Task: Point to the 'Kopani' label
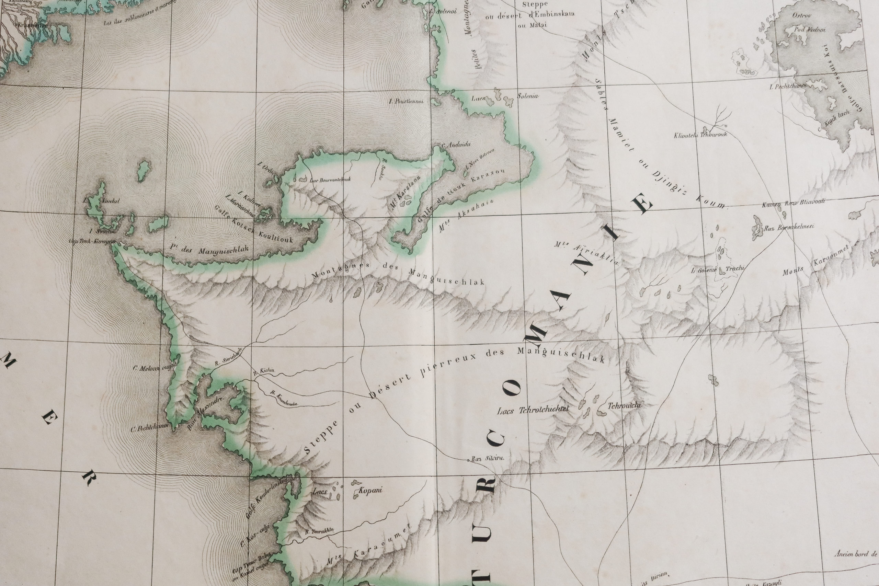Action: click(370, 490)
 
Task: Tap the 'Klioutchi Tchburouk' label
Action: click(700, 135)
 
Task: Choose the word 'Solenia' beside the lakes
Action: click(528, 96)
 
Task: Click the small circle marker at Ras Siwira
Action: click(468, 460)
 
